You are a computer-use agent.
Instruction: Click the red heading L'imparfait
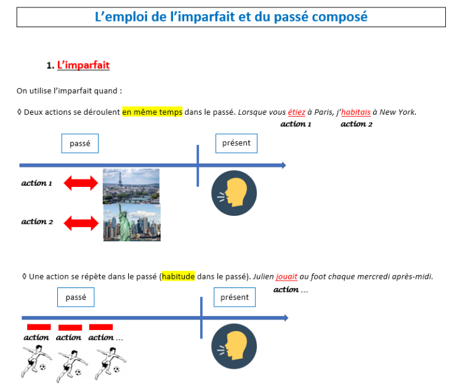click(83, 65)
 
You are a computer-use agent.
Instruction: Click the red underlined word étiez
click(296, 112)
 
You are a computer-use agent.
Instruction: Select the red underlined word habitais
click(355, 112)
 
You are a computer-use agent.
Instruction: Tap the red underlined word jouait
click(286, 276)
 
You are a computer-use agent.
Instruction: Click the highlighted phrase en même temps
click(152, 112)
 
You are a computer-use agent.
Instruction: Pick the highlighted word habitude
click(178, 276)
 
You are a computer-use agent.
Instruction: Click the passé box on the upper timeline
click(80, 143)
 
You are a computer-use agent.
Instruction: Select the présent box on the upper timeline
click(236, 143)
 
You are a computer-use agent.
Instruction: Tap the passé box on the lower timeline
click(76, 297)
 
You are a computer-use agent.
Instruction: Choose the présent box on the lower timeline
click(235, 297)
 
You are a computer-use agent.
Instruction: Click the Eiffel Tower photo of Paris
click(131, 186)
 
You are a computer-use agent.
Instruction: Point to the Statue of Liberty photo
click(132, 223)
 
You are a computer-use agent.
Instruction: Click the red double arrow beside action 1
click(81, 183)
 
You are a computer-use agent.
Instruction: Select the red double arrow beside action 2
click(81, 223)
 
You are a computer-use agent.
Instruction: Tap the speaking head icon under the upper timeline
click(234, 193)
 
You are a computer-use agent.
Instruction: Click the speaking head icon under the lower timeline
click(234, 346)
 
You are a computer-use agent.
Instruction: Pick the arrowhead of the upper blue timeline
click(284, 165)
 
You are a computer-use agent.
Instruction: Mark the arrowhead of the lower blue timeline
click(286, 318)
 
